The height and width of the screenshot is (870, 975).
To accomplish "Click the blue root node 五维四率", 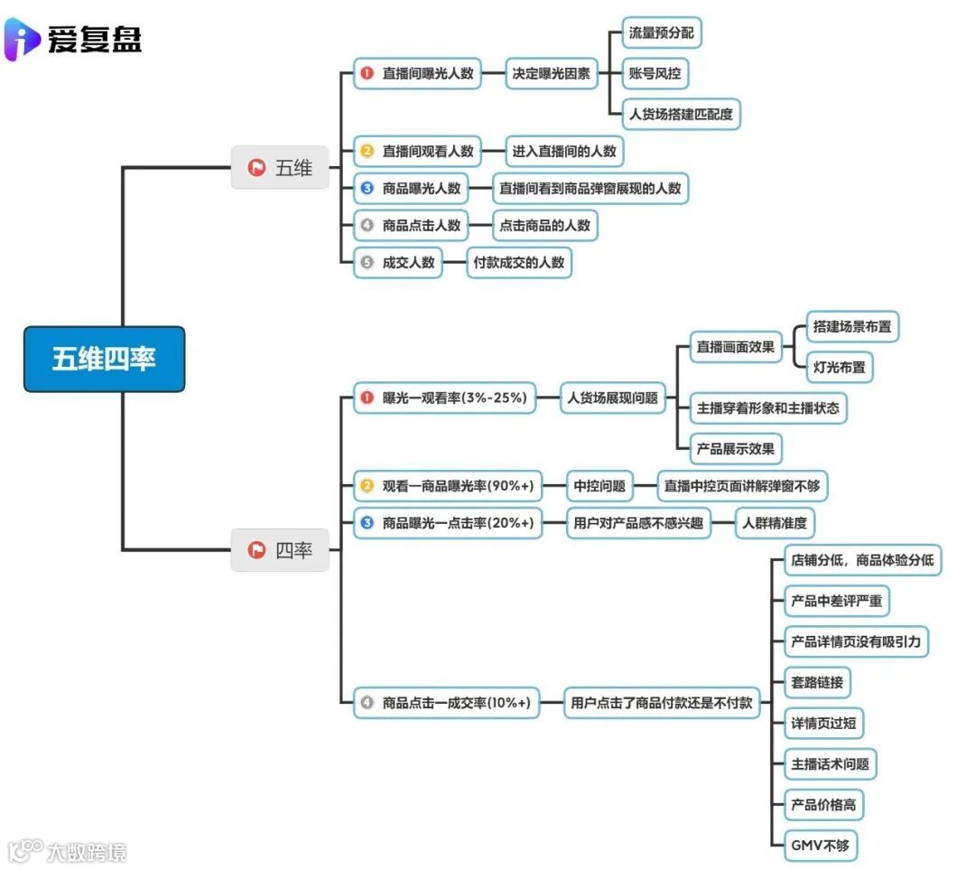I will (104, 359).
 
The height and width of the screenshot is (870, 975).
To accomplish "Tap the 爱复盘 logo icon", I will (22, 39).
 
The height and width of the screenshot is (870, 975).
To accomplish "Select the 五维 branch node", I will (280, 167).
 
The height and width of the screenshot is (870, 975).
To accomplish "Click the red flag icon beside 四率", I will (256, 549).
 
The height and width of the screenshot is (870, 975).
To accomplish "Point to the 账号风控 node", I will (660, 74).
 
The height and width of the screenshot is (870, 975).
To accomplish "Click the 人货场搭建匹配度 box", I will (682, 115).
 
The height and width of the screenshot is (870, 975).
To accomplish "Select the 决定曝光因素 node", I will (551, 74).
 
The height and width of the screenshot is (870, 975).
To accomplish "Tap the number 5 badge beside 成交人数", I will (367, 263).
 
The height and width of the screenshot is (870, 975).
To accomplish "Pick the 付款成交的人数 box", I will (519, 263).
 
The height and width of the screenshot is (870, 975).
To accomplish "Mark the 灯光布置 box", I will (839, 368).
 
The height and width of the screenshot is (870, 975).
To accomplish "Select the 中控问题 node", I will (599, 486).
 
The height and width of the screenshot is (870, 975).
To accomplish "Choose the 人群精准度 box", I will (774, 522).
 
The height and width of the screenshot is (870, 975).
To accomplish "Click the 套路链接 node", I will (816, 682).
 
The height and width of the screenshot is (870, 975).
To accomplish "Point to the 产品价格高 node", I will (822, 804).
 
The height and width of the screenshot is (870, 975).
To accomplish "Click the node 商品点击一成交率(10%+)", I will (446, 702).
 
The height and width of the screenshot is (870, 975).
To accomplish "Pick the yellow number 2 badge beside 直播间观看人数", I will (367, 152).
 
